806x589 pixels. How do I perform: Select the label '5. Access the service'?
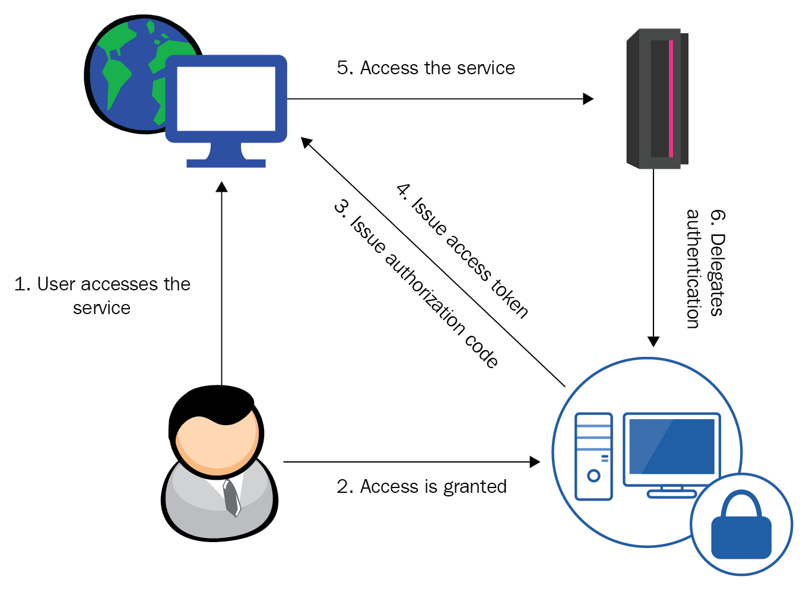[426, 68]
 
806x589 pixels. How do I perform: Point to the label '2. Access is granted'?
[421, 487]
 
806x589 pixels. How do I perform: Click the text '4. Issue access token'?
[462, 250]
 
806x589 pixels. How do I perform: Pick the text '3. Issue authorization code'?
[415, 284]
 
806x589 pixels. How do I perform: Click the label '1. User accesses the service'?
[102, 296]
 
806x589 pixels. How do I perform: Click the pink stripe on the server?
[671, 98]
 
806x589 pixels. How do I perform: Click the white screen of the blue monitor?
[226, 99]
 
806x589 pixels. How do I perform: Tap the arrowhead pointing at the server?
[588, 99]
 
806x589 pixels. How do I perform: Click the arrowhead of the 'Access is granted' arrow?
[535, 461]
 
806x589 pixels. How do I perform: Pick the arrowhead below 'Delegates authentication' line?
[653, 341]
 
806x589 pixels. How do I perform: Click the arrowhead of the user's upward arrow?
[221, 187]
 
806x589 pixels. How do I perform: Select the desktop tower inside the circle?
[594, 456]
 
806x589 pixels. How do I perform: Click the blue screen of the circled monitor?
[672, 446]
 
